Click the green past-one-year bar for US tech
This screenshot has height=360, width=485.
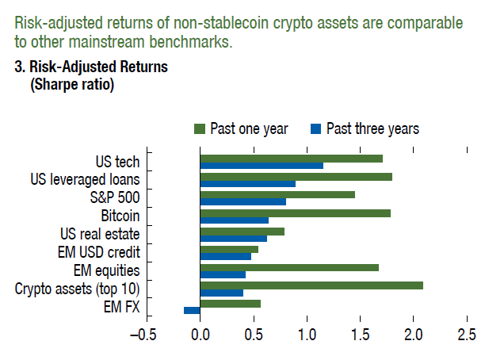point(291,159)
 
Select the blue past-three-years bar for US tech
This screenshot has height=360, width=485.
point(262,166)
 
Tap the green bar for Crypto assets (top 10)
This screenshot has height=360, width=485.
point(311,285)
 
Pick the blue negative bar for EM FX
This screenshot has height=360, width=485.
point(192,310)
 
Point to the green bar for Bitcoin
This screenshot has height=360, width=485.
point(295,213)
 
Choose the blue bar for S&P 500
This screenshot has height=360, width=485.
point(242,201)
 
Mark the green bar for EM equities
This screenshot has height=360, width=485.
point(289,267)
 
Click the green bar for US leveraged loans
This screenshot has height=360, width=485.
point(296,177)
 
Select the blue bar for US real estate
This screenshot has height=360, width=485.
point(233,238)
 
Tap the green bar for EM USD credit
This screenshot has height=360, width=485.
point(229,249)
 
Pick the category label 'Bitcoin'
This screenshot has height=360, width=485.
point(120,216)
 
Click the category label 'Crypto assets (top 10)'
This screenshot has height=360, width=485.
point(78,289)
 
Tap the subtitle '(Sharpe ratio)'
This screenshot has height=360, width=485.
point(72,84)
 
